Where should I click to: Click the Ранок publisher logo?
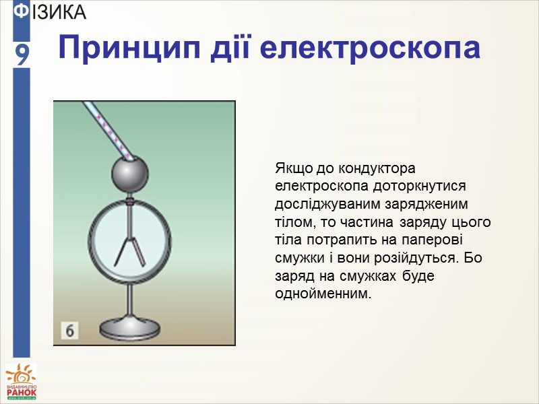pyautogui.click(x=22, y=382)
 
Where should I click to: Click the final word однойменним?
pyautogui.click(x=323, y=295)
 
